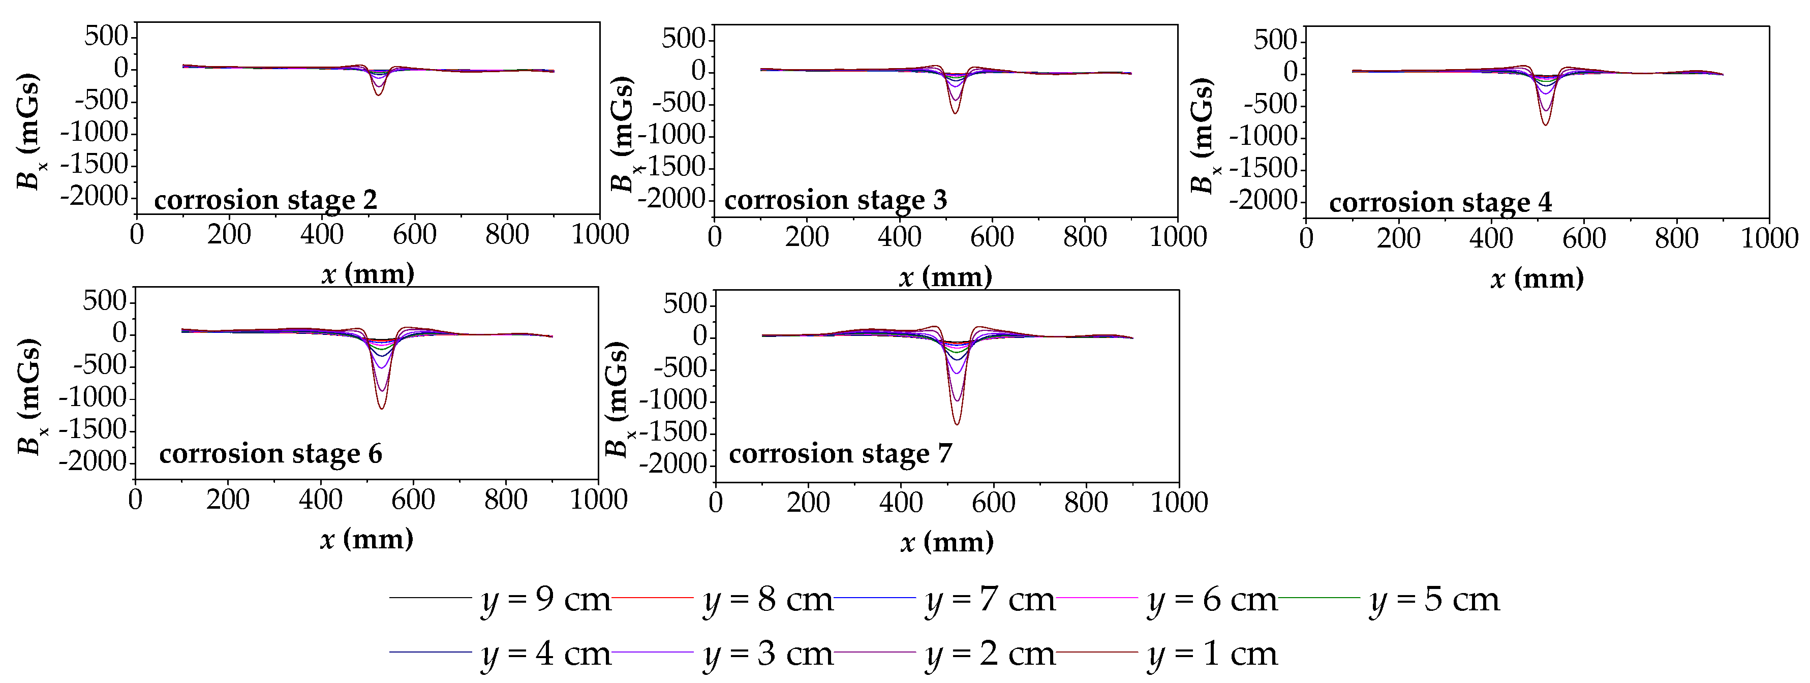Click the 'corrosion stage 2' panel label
tap(266, 200)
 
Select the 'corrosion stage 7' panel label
tap(840, 454)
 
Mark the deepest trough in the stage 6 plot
tap(382, 408)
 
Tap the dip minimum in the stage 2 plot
tap(378, 95)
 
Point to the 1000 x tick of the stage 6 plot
tap(598, 500)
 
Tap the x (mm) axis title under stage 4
tap(1537, 279)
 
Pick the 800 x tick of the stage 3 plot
tap(1085, 237)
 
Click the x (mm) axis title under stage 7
tap(946, 542)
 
